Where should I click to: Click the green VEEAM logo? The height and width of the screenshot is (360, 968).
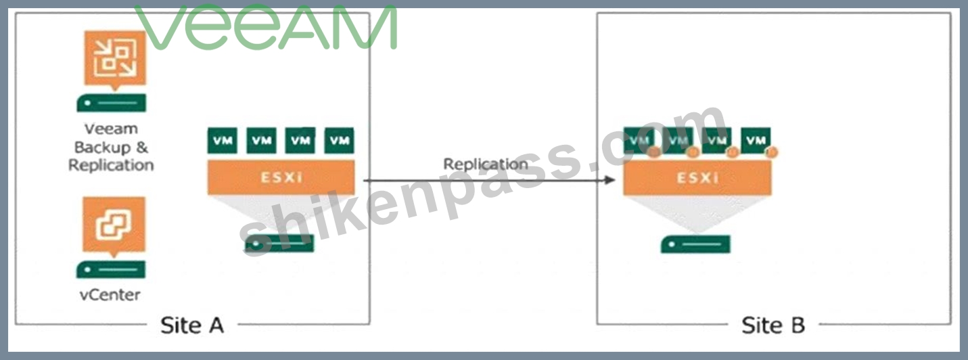pyautogui.click(x=266, y=27)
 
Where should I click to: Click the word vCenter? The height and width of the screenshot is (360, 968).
pyautogui.click(x=110, y=295)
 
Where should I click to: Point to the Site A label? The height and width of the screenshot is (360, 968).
pyautogui.click(x=192, y=325)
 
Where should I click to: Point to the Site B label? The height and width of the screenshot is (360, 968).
pyautogui.click(x=773, y=325)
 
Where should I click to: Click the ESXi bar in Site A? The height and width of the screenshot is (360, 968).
pyautogui.click(x=281, y=177)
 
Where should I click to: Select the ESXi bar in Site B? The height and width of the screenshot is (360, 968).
pyautogui.click(x=697, y=177)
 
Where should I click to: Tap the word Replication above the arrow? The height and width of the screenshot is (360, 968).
pyautogui.click(x=486, y=164)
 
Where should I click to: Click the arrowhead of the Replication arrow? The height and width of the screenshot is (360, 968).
pyautogui.click(x=610, y=180)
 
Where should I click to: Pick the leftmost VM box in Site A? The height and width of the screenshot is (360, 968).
pyautogui.click(x=222, y=141)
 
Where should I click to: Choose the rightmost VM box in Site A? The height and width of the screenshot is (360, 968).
pyautogui.click(x=339, y=141)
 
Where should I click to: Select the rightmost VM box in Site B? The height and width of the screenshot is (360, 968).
pyautogui.click(x=756, y=141)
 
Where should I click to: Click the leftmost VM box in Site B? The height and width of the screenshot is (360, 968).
pyautogui.click(x=639, y=141)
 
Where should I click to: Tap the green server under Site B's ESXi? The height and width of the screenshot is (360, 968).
pyautogui.click(x=695, y=244)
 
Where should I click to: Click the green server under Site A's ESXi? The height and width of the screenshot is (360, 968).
pyautogui.click(x=279, y=244)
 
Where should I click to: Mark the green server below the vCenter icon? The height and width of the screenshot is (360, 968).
pyautogui.click(x=111, y=270)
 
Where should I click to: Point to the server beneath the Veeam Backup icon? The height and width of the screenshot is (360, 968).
pyautogui.click(x=112, y=103)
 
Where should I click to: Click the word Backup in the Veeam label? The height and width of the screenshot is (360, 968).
pyautogui.click(x=102, y=148)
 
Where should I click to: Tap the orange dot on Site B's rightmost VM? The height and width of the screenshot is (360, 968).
pyautogui.click(x=771, y=152)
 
